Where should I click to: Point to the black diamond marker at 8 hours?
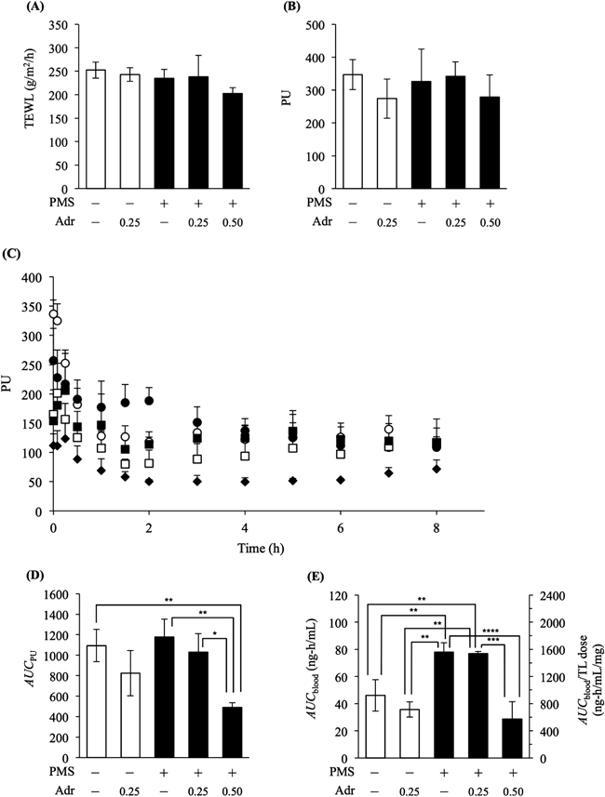click(x=436, y=469)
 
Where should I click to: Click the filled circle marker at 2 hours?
click(x=149, y=401)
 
